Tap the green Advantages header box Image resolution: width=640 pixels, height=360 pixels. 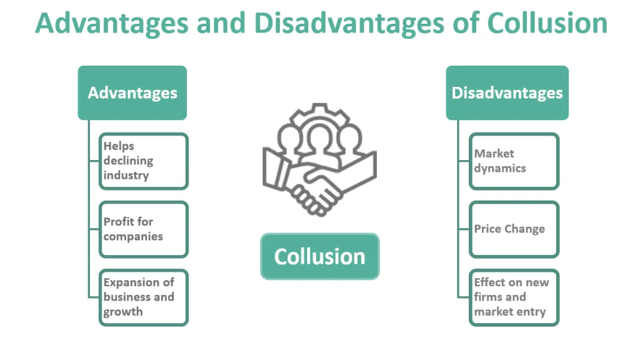click(132, 92)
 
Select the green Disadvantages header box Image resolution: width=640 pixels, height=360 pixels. click(507, 92)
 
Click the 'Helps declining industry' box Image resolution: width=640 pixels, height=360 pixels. click(143, 161)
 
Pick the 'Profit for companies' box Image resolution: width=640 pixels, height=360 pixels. click(143, 229)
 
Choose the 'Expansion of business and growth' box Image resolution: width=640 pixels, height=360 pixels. click(143, 297)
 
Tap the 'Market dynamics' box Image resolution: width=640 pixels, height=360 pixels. click(514, 161)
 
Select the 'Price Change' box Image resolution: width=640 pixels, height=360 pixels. click(514, 229)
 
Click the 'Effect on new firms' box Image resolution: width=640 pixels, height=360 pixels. click(514, 297)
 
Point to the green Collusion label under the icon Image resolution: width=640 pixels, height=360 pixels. click(319, 256)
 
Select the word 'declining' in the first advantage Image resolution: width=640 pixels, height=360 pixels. click(128, 161)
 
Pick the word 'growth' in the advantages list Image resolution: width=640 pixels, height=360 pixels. click(123, 312)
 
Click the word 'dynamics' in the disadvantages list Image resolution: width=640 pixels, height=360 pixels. click(500, 168)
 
